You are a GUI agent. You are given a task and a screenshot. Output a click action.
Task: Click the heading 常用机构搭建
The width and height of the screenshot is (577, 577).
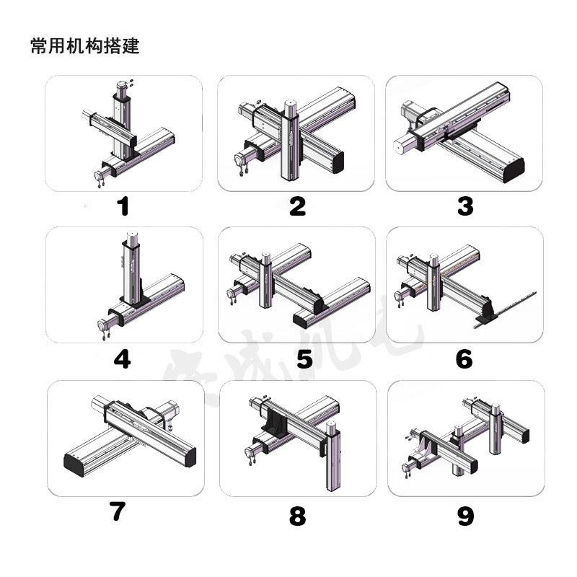click(84, 47)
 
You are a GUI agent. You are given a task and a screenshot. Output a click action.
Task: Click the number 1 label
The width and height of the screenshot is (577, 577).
click(123, 207)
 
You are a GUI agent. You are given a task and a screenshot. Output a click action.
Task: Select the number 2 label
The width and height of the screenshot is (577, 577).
click(297, 207)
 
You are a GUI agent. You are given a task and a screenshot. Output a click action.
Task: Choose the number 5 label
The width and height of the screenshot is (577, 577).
click(304, 358)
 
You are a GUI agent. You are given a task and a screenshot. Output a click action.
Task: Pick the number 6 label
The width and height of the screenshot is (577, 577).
click(464, 358)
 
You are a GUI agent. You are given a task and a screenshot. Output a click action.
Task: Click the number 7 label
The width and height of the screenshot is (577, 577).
click(118, 511)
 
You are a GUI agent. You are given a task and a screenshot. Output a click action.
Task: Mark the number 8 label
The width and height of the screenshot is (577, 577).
click(297, 516)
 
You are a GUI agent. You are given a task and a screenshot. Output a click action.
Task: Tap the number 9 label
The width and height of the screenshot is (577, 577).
click(465, 516)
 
